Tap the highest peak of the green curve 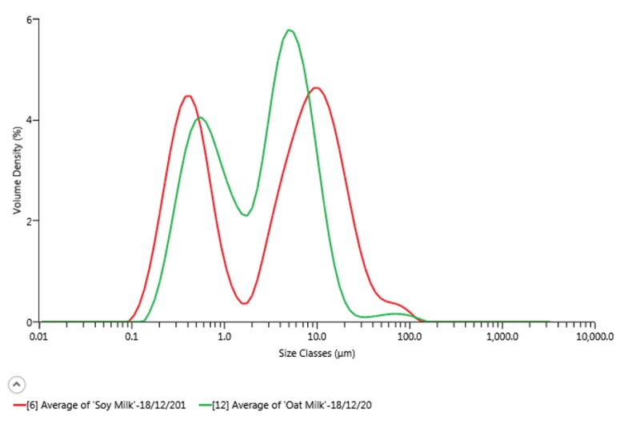[x=289, y=30]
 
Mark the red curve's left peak [x=188, y=96]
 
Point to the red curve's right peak [x=316, y=88]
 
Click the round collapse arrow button [x=16, y=384]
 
